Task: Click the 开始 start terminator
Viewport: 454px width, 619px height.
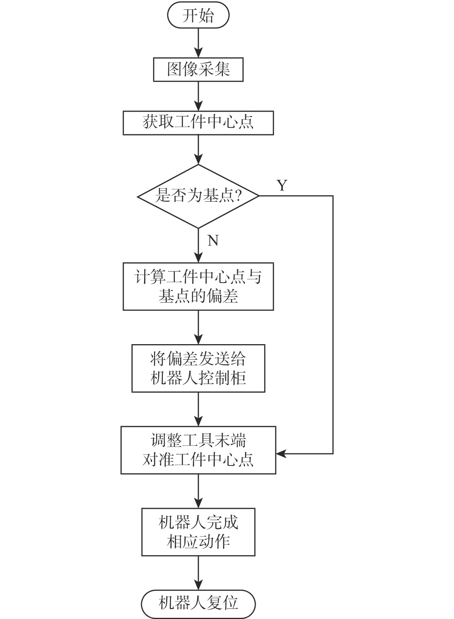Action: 198,16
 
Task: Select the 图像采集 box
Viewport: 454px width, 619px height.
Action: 198,70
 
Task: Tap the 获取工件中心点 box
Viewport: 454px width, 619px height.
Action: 198,123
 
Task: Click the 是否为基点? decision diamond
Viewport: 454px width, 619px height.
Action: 198,196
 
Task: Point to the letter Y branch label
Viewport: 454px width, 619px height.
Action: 282,186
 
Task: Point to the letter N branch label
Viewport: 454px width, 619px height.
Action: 213,241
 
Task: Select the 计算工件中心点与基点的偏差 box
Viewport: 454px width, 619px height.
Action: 198,286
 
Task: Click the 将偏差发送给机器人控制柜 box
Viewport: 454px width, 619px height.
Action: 198,368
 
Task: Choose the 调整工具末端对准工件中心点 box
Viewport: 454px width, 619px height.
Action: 198,450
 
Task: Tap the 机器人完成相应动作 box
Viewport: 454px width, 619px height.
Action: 198,532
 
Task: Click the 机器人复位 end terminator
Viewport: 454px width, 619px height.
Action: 198,603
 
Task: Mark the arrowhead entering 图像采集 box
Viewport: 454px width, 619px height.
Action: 198,54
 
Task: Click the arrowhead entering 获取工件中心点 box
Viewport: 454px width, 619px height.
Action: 198,107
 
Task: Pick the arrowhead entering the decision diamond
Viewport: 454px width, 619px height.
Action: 198,159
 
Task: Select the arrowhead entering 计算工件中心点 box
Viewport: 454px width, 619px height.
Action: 198,258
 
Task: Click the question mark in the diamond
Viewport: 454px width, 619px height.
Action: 238,196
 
